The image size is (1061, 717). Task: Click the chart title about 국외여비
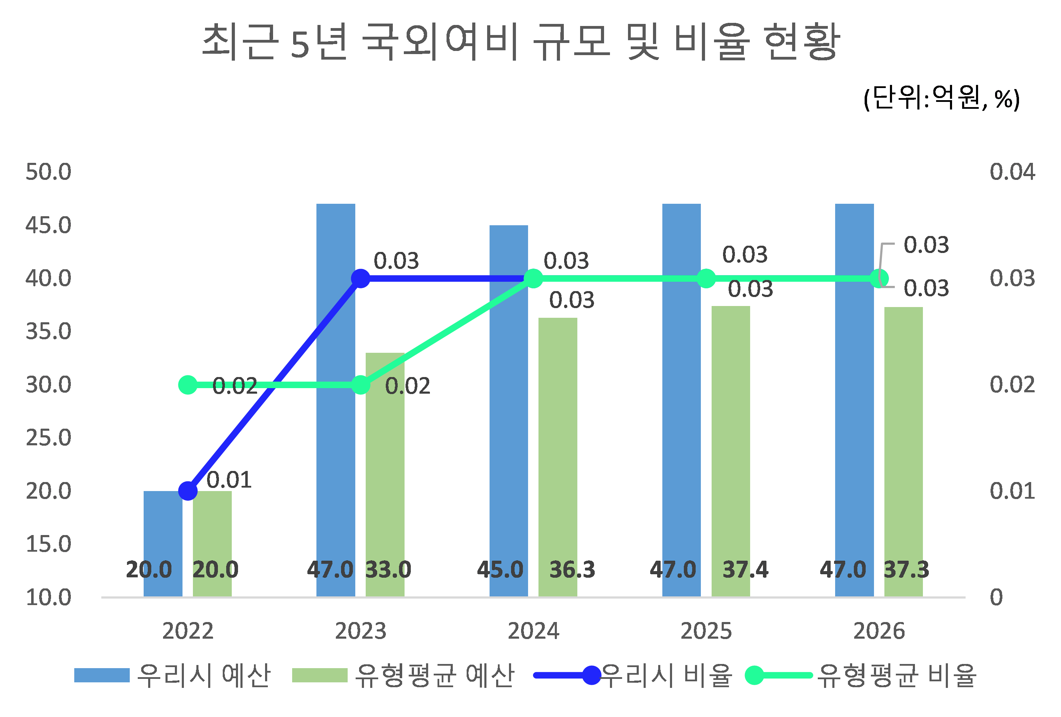(x=520, y=42)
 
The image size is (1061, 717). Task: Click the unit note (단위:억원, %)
(x=941, y=98)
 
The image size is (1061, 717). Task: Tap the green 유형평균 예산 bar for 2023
(x=385, y=474)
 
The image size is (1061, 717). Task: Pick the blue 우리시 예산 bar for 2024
(x=509, y=411)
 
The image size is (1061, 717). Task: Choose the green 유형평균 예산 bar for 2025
(x=730, y=452)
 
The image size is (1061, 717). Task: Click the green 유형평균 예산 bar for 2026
(x=903, y=452)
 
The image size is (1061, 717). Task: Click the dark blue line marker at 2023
(x=361, y=278)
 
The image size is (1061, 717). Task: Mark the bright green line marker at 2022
(x=188, y=385)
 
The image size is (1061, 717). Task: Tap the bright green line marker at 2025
(x=706, y=278)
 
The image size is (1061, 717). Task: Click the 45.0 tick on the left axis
(x=48, y=225)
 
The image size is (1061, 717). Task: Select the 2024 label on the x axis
(x=533, y=631)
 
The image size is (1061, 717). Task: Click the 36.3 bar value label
(x=572, y=570)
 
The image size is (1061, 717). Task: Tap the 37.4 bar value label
(x=745, y=570)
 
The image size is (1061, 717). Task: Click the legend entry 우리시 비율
(x=667, y=675)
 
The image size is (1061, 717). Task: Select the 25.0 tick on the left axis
(x=48, y=438)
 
